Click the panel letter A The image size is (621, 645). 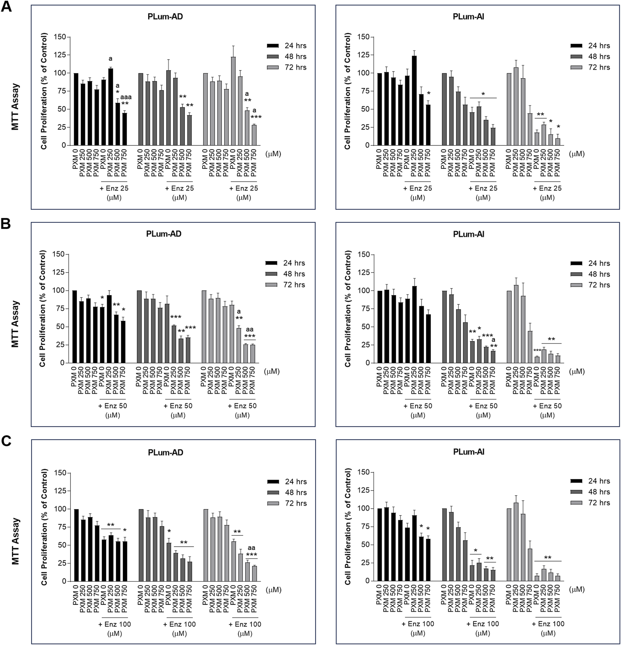click(x=6, y=7)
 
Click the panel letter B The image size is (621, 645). click(x=6, y=224)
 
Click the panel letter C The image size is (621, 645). click(x=6, y=442)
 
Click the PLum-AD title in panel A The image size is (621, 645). click(x=165, y=16)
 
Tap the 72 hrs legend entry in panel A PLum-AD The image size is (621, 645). click(x=295, y=67)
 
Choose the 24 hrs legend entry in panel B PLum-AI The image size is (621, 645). click(x=599, y=263)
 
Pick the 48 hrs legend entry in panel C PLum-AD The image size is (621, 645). click(x=296, y=492)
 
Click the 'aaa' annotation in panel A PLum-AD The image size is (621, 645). click(x=126, y=97)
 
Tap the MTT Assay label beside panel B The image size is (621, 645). click(x=15, y=324)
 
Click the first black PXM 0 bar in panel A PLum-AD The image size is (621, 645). click(x=76, y=109)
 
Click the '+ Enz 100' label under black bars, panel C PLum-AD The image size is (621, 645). click(x=115, y=624)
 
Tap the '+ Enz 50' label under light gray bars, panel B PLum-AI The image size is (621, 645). click(x=547, y=406)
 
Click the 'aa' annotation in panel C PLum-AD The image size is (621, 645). click(x=251, y=548)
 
